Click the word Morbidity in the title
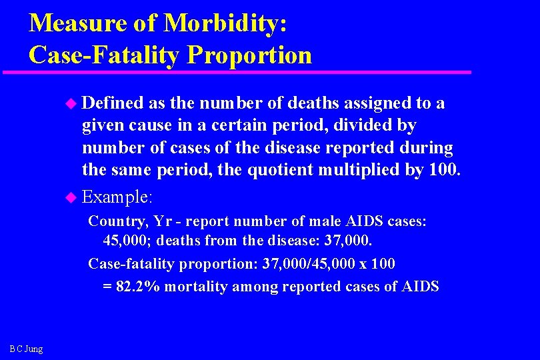click(x=225, y=23)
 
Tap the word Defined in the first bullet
click(x=112, y=103)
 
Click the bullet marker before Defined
click(x=73, y=103)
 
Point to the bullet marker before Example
click(x=73, y=198)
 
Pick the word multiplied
click(x=386, y=169)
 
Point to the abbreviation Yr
click(x=162, y=221)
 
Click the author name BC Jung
click(x=26, y=349)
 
